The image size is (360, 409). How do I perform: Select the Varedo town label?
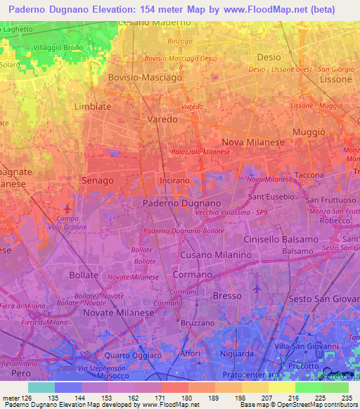162,119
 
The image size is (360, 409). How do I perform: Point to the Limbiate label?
93,106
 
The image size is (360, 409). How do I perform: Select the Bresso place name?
226,296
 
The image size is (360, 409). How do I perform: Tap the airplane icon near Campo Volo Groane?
67,209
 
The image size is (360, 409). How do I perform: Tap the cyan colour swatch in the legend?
41,387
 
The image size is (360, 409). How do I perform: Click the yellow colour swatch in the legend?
281,387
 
